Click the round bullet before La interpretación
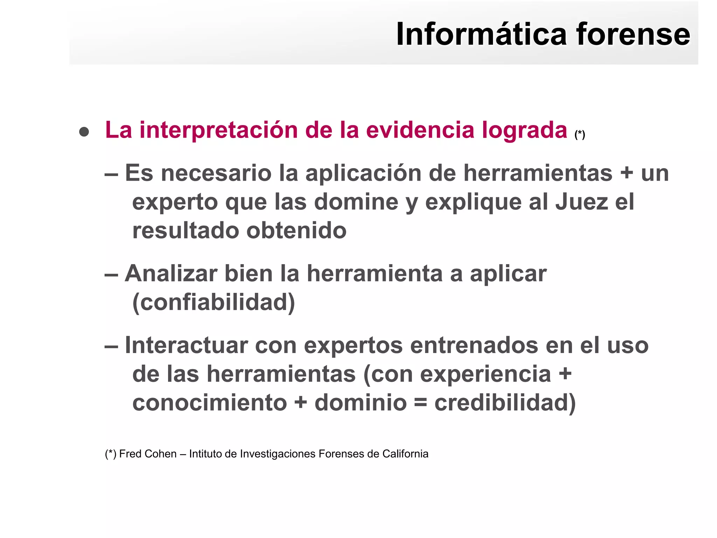click(84, 132)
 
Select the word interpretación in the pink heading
click(218, 130)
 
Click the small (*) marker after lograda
click(579, 134)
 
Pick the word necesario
click(216, 173)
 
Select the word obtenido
click(297, 231)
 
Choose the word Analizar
click(171, 274)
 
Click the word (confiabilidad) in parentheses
click(214, 302)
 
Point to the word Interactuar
click(187, 345)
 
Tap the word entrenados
click(474, 345)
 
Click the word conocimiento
click(210, 403)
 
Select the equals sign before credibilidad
click(420, 403)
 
